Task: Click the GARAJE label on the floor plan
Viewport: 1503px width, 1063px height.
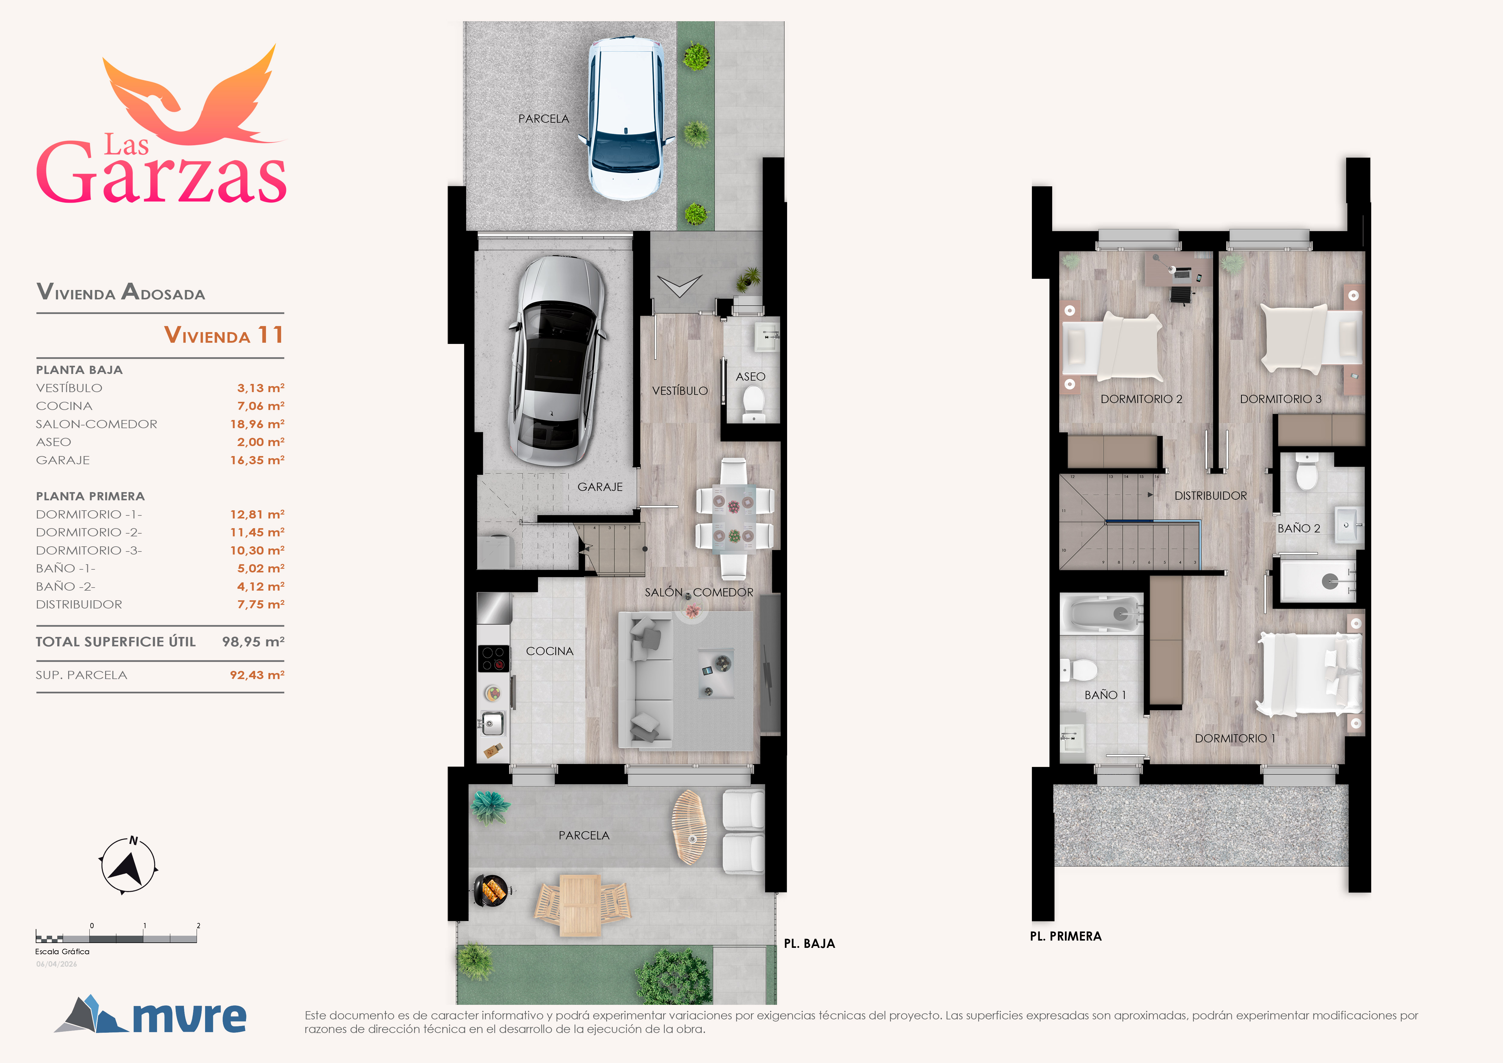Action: (600, 487)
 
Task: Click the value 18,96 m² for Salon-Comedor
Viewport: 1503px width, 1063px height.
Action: (257, 424)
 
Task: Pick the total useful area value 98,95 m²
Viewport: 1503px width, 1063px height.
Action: (253, 641)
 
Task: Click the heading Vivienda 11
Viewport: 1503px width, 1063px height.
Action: (224, 335)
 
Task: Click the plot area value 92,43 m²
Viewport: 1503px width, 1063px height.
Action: (257, 675)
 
